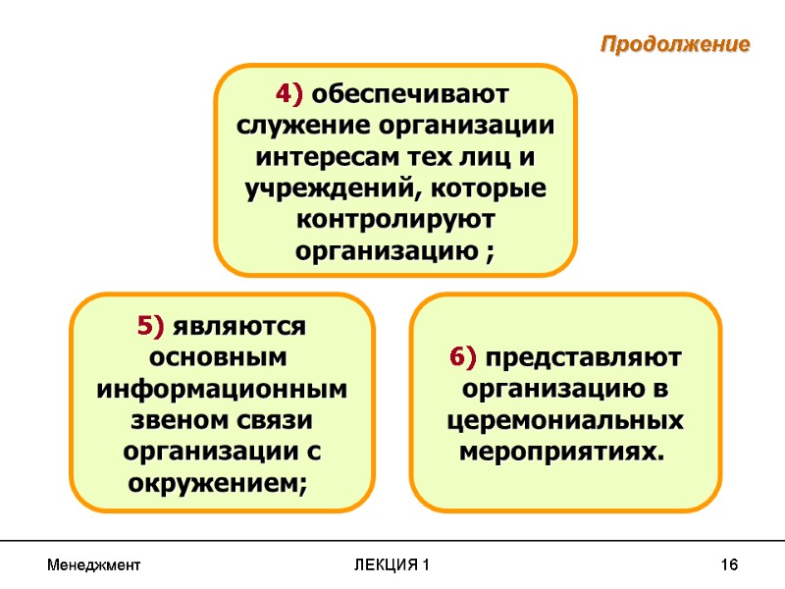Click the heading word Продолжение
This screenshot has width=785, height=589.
(x=675, y=45)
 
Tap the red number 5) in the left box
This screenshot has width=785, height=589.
(x=154, y=325)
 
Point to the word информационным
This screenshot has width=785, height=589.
(x=222, y=390)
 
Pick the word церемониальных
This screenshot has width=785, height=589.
(x=564, y=420)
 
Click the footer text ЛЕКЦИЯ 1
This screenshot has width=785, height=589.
(x=392, y=565)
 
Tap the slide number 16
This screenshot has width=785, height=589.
(x=728, y=565)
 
